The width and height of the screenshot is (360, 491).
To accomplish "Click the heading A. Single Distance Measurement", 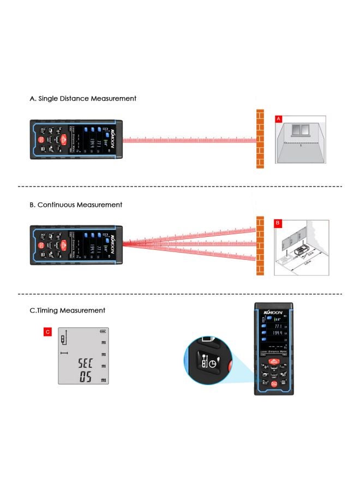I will [x=83, y=99].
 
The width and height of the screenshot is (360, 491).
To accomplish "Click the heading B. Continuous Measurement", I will [x=76, y=205].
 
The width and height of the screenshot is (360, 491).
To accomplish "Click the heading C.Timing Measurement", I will [x=67, y=310].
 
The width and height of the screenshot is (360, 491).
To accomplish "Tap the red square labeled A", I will [x=278, y=118].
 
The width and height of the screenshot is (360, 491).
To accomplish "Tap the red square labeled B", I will [x=277, y=224].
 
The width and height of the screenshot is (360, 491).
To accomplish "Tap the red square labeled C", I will [x=47, y=331].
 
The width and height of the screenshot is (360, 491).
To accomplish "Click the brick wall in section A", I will [x=260, y=140].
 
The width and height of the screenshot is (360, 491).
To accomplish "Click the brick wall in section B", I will [x=260, y=245].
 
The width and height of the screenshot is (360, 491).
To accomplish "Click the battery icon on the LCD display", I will [x=103, y=332].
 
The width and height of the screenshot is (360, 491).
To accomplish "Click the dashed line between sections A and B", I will [x=180, y=187].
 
